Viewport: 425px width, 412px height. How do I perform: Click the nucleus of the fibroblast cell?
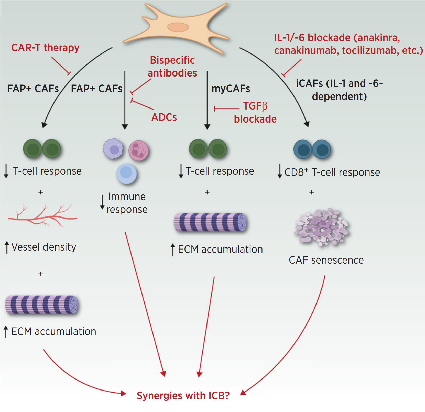click(178, 27)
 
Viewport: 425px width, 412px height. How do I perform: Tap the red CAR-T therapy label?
click(45, 48)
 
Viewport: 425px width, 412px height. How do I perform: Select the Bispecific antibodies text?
click(172, 67)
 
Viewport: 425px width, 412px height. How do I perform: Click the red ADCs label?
click(164, 117)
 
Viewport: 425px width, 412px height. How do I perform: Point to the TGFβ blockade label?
click(255, 113)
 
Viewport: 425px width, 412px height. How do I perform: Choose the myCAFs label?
click(231, 89)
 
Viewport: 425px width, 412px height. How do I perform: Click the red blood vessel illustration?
click(42, 215)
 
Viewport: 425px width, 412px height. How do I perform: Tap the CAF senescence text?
click(326, 260)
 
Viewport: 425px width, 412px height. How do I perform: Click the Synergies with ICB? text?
click(183, 396)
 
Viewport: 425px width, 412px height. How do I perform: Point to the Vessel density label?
click(44, 247)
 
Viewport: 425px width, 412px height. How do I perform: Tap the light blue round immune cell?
click(126, 174)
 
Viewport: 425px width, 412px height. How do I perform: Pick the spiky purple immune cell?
click(113, 149)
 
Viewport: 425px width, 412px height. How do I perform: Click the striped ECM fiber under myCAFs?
click(210, 223)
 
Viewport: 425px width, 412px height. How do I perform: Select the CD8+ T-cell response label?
click(332, 172)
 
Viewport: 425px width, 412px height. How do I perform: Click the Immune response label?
click(127, 203)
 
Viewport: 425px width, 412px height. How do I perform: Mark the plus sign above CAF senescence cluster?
click(312, 192)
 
